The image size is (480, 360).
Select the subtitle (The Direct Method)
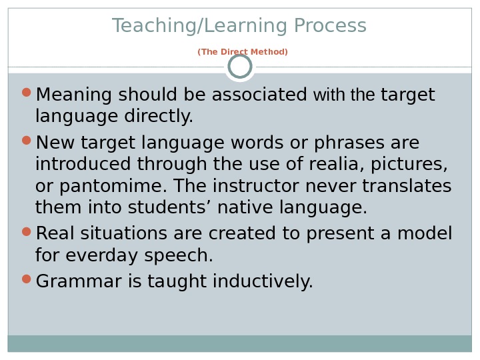tap(243, 52)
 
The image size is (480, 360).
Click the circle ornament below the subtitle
tap(240, 66)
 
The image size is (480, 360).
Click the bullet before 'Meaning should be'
tap(27, 92)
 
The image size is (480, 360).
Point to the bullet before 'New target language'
tap(27, 140)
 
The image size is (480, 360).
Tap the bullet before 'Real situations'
tap(27, 231)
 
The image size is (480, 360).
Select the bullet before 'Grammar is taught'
tap(27, 279)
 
